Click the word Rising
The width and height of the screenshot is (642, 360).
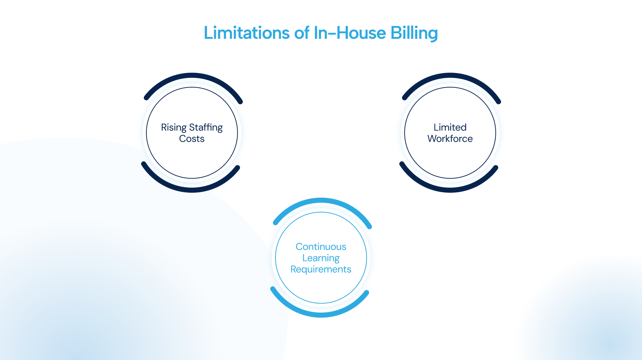pos(174,128)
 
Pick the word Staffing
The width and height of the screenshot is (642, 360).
pos(206,128)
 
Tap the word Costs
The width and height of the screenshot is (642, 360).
pos(192,139)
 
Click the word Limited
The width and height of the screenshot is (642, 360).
pos(450,127)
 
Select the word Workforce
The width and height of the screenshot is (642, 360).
pos(450,138)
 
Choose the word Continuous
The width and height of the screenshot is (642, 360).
pos(321,247)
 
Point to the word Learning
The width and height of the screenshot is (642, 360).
pos(321,258)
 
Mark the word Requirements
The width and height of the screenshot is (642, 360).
pos(321,269)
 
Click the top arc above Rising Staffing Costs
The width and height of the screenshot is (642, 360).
pos(192,75)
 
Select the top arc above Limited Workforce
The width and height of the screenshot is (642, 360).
pos(450,75)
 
